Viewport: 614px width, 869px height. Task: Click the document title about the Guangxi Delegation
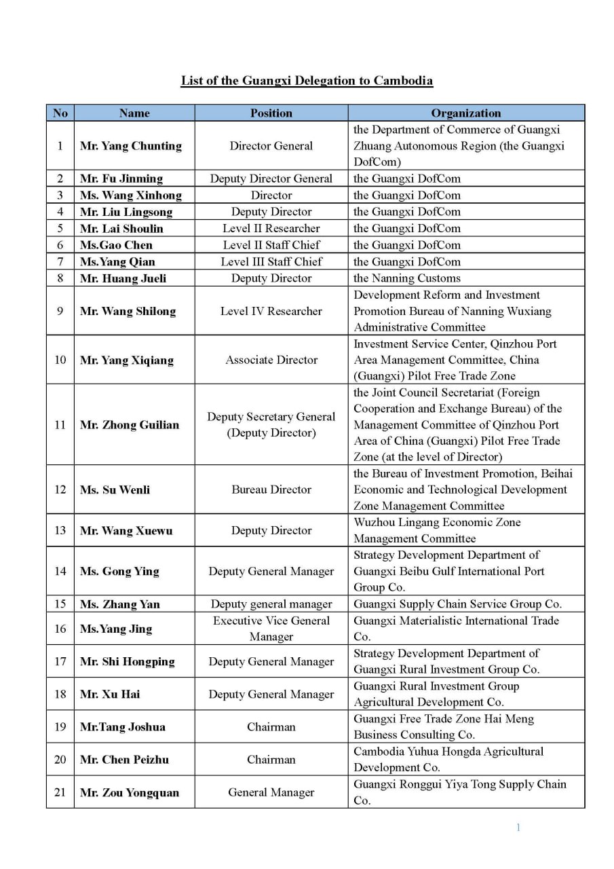307,81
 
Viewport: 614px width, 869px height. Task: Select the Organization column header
465,113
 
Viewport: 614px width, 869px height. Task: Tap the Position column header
271,113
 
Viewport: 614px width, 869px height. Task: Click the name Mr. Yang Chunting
131,146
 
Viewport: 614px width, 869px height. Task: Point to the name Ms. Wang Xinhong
131,196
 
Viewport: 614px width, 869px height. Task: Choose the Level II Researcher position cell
271,229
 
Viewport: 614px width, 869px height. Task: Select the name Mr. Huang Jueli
123,278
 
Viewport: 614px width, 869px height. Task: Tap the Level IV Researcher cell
271,312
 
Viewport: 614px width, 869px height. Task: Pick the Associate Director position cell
271,360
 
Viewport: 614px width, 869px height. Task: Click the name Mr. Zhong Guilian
130,426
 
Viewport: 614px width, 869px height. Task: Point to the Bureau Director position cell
271,490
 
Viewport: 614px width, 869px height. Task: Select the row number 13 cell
60,531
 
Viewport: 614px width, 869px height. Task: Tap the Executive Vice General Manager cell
271,629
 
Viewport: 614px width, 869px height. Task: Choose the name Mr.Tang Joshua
123,727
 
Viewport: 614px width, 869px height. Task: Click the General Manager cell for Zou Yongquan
271,792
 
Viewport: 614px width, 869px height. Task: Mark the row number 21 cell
60,792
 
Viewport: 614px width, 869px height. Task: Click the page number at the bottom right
518,827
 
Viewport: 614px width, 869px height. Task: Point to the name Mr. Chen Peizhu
124,760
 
